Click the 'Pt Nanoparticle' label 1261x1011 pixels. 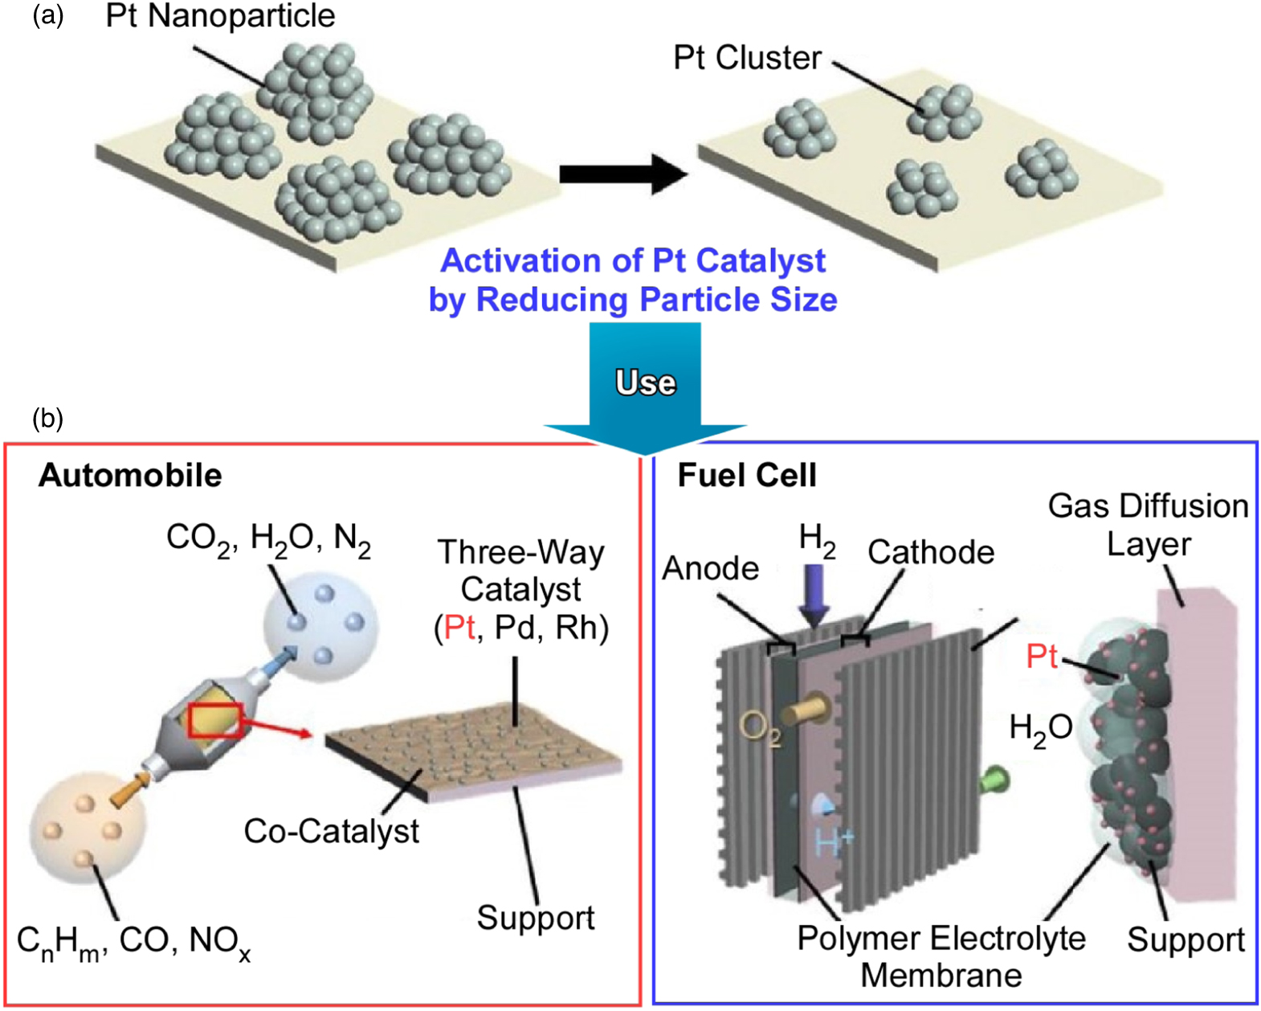point(220,16)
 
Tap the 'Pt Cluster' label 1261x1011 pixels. point(747,58)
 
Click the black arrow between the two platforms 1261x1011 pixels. point(622,174)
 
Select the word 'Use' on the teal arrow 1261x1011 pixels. point(645,383)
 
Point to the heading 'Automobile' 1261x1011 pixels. point(130,475)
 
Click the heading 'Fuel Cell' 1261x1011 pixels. point(747,475)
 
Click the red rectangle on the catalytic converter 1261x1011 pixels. point(215,719)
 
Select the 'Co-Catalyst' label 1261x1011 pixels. point(331,831)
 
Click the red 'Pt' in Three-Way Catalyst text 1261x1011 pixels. point(459,627)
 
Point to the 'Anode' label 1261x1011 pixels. point(711,568)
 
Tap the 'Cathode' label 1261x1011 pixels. point(931,552)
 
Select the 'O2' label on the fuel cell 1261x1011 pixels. point(759,729)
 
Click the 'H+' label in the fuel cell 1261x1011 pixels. point(835,841)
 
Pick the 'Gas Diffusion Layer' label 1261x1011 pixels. point(1149,525)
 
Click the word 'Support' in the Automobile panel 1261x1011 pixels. point(536,917)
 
